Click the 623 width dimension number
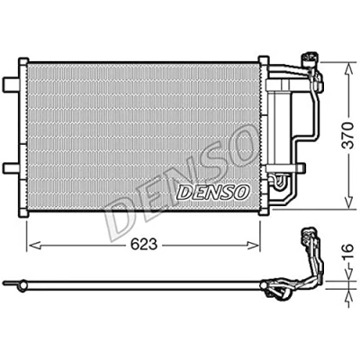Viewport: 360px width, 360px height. tap(144, 245)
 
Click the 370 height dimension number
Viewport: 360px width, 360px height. tap(348, 136)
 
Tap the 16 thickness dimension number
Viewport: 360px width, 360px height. tap(348, 252)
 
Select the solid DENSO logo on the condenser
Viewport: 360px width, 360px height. tap(213, 192)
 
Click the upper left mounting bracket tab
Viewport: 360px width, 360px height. tap(11, 84)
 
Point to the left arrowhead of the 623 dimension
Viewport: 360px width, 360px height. tap(33, 246)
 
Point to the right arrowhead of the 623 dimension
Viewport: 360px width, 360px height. tap(253, 246)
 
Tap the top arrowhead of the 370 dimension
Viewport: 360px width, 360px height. tap(348, 69)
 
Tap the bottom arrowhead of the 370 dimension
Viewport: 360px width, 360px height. tap(348, 201)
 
